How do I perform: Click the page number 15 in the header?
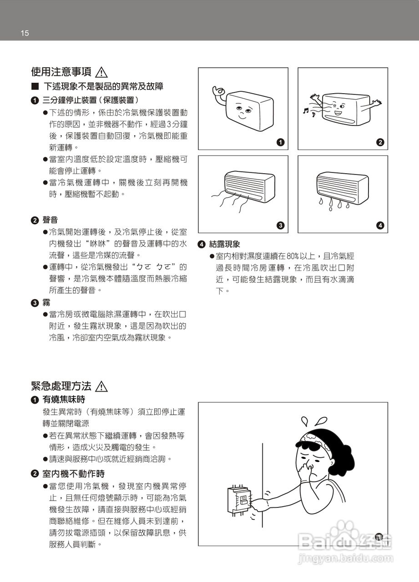point(25,33)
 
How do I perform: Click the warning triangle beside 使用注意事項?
point(102,72)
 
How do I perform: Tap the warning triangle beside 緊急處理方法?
point(102,386)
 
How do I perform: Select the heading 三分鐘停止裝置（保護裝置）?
point(91,100)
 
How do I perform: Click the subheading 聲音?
point(50,220)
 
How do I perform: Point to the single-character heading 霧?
point(46,302)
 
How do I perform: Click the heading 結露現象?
point(224,244)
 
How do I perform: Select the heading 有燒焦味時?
point(64,400)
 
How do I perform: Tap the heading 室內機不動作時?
point(73,474)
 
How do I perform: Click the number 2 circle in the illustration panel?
point(380,143)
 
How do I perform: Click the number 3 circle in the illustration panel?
point(280,226)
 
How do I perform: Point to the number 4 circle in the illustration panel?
point(380,226)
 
